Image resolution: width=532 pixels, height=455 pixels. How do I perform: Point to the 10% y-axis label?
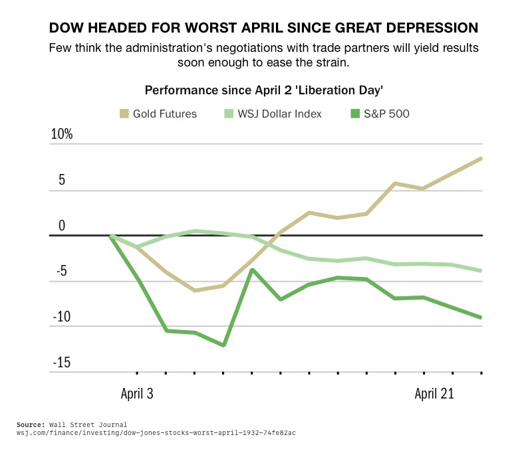pyautogui.click(x=62, y=134)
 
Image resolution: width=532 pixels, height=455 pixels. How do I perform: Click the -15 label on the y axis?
pyautogui.click(x=62, y=363)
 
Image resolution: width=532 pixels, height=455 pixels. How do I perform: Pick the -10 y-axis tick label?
pyautogui.click(x=62, y=317)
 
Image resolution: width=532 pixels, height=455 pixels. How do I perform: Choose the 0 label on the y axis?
pyautogui.click(x=62, y=226)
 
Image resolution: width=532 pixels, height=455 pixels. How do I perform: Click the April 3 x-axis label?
pyautogui.click(x=137, y=393)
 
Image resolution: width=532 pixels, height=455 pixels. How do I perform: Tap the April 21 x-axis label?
pyautogui.click(x=434, y=393)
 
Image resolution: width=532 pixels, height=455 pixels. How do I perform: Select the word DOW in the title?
pyautogui.click(x=66, y=28)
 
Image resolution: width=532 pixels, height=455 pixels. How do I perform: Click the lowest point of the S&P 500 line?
pyautogui.click(x=224, y=345)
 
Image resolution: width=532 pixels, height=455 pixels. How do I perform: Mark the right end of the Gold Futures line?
pyautogui.click(x=481, y=158)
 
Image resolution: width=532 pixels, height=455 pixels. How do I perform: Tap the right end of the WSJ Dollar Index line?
pyautogui.click(x=481, y=270)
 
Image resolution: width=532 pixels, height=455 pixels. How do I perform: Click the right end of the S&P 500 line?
pyautogui.click(x=481, y=318)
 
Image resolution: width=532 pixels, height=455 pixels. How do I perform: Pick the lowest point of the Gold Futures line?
pyautogui.click(x=195, y=290)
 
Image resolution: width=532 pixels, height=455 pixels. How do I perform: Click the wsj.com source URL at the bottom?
pyautogui.click(x=156, y=432)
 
